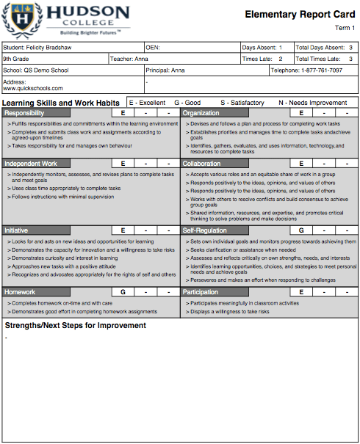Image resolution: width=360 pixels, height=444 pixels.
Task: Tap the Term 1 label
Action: [345, 28]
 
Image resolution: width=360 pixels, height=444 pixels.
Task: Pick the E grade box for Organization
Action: [301, 113]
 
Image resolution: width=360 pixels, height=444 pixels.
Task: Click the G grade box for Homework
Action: [123, 292]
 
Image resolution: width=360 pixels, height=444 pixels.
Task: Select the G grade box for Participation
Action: [301, 292]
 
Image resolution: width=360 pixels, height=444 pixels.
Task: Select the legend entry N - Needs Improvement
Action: [313, 103]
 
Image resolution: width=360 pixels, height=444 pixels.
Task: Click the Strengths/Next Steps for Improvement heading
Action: [76, 325]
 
